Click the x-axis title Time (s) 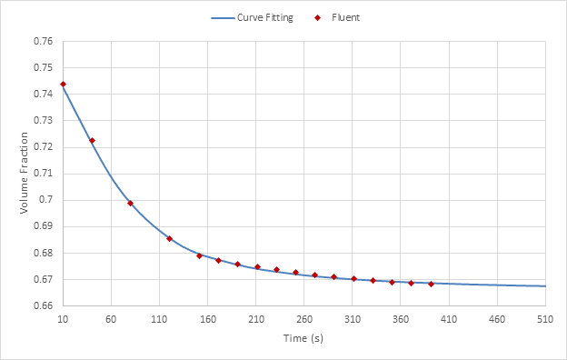coord(303,339)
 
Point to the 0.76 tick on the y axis coord(43,41)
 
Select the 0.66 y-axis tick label coord(43,306)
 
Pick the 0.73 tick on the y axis coord(43,121)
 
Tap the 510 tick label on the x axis coord(545,319)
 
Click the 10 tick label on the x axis coord(63,319)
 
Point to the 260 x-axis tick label coord(304,319)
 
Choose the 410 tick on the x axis coord(449,319)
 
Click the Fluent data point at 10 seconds coord(63,84)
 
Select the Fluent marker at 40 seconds coord(92,140)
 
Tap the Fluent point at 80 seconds coord(130,203)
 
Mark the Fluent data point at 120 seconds coord(169,238)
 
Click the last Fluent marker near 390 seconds coord(431,284)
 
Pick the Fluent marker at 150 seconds coord(199,255)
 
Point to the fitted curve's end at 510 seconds coord(545,286)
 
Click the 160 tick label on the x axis coord(207,319)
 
